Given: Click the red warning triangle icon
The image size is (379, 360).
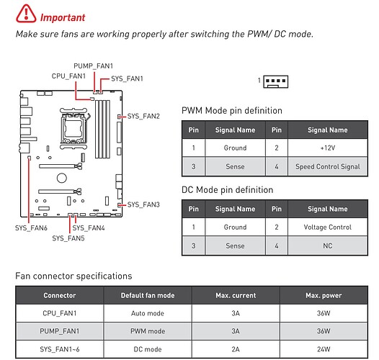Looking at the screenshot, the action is coord(26,14).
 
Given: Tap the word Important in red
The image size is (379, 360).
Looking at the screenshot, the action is coord(63,17).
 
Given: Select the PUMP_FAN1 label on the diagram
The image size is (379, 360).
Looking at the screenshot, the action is coord(93,66).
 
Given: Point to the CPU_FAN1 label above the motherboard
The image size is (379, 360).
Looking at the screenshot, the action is coord(68,76).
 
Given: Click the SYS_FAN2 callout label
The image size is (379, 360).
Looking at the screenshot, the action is coord(143,116).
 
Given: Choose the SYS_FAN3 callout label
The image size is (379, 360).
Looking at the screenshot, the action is coord(143,204).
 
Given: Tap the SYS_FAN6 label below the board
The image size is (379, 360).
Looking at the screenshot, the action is coord(31,228).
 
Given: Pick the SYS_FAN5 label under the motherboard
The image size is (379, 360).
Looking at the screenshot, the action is coord(68,238).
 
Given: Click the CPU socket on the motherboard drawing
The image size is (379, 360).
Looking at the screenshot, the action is coord(73,129).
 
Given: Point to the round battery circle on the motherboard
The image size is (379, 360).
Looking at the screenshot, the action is coord(62,179).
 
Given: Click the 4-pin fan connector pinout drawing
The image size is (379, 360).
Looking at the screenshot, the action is coord(276,81).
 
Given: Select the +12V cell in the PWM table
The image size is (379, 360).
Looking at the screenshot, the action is coord(328,148).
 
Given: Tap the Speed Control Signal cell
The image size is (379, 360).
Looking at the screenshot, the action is coord(328,166).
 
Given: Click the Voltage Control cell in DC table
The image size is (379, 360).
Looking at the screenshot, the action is coord(328,227).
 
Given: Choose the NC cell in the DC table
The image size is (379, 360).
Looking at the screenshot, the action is coord(328,246).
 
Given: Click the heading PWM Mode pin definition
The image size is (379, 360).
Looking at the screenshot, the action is coord(232,111).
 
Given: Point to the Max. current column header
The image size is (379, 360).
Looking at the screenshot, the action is coord(236,295).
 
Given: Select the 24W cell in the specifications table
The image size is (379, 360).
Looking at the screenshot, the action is coord(324,349).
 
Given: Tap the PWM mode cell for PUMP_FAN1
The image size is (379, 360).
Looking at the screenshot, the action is coord(148,331).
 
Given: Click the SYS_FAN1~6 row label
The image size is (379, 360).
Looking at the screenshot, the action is coord(60,349).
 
